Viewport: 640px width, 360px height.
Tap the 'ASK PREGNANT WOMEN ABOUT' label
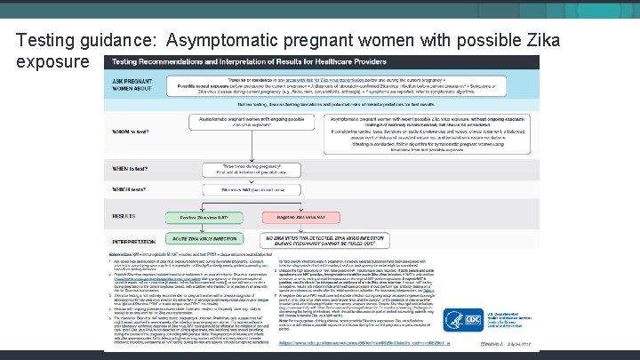tap(131, 87)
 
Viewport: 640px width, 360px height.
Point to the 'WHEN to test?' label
tap(130, 168)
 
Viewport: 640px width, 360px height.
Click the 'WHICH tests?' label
tap(130, 190)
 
